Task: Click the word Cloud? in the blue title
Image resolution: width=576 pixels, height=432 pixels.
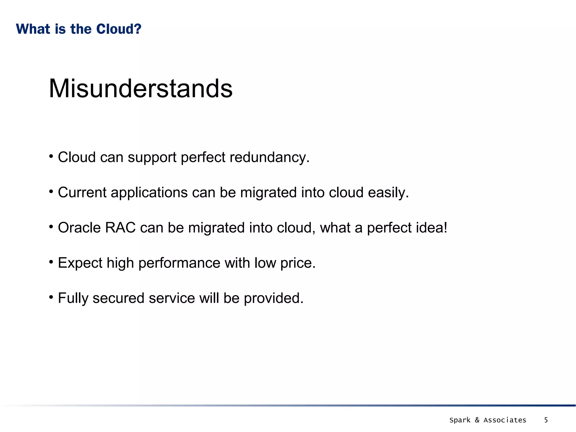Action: click(x=119, y=29)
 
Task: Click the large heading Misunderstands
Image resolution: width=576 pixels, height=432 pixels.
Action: click(x=141, y=89)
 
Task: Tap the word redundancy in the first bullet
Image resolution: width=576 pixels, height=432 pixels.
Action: click(x=269, y=157)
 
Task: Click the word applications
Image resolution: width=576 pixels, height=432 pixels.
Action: click(x=149, y=193)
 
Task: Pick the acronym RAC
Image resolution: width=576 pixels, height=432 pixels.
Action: click(x=120, y=228)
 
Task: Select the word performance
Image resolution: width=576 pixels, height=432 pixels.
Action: click(x=179, y=263)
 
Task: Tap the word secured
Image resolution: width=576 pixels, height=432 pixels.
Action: click(x=118, y=298)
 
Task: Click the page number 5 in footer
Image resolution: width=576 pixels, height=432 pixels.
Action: click(x=546, y=420)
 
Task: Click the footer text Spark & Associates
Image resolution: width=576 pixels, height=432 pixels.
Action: click(x=488, y=420)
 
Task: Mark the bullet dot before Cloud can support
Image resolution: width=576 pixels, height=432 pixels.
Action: click(x=51, y=156)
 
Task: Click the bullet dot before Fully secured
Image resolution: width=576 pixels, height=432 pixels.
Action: click(x=51, y=297)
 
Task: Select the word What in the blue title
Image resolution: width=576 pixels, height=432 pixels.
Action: click(x=33, y=29)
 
